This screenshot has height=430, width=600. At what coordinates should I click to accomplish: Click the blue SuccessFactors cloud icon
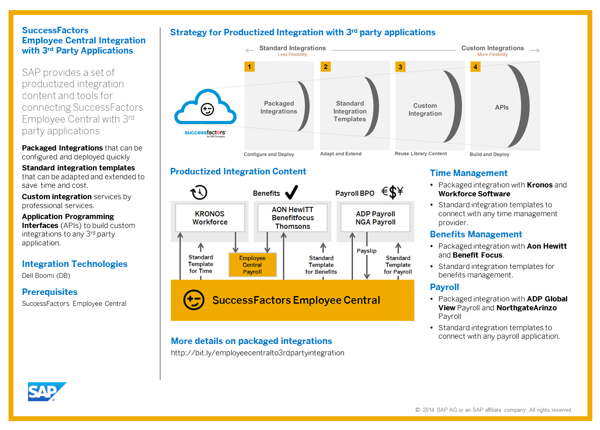205,108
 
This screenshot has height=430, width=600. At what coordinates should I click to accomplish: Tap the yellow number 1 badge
249,67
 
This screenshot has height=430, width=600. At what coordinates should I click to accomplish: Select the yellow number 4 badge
475,67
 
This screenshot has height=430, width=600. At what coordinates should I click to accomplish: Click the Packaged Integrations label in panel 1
278,107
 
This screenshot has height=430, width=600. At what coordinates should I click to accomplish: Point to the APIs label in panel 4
502,107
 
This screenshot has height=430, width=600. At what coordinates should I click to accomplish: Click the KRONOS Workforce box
210,218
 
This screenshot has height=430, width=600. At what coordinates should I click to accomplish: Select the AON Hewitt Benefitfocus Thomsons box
293,218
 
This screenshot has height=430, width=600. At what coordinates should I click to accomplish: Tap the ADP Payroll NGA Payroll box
376,218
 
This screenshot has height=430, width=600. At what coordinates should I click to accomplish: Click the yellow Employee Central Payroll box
253,265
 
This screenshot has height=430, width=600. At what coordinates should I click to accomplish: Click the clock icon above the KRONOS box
199,192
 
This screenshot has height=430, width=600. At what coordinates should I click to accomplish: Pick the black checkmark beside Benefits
291,192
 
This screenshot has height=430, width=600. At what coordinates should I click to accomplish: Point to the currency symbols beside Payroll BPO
392,191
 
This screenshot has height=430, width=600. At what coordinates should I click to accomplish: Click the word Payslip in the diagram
367,251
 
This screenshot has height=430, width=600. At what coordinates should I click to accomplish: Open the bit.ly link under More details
257,353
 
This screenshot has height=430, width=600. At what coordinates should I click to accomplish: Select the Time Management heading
468,173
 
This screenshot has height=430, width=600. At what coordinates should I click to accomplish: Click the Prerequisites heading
50,292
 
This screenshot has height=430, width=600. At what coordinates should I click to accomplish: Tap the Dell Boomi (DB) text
46,276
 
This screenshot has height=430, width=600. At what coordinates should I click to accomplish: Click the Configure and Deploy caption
269,155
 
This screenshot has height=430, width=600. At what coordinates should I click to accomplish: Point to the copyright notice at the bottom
494,410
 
